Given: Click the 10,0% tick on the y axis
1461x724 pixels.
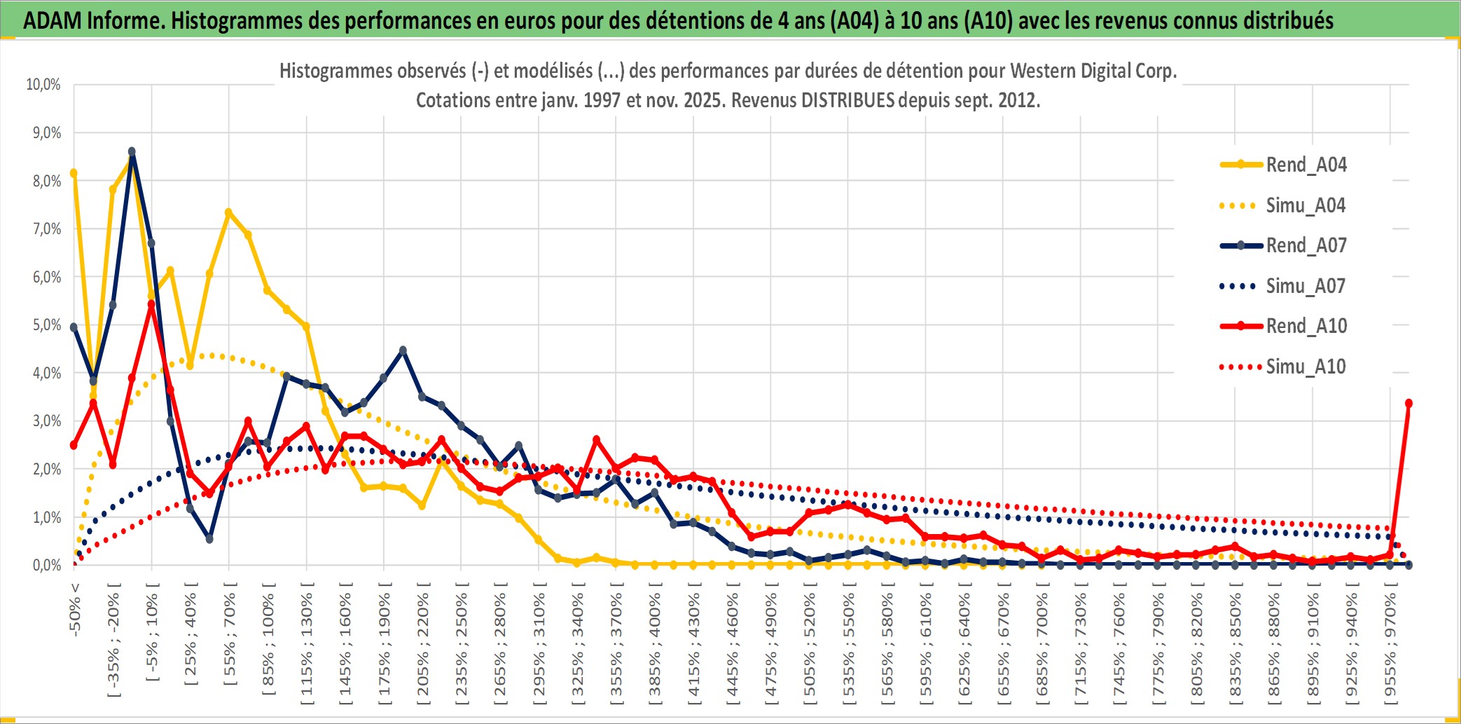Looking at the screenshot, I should (43, 85).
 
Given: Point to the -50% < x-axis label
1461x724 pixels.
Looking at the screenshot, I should (75, 609).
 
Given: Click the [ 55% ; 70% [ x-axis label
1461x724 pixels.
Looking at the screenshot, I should (230, 638).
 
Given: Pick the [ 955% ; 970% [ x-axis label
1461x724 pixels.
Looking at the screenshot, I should (1390, 647).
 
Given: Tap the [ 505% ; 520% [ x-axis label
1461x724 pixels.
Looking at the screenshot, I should (810, 647).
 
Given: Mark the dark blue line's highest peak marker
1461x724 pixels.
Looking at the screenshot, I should (132, 151).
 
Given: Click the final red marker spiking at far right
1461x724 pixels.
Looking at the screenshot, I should (1408, 403).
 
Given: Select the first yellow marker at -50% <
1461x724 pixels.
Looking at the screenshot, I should (74, 173).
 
